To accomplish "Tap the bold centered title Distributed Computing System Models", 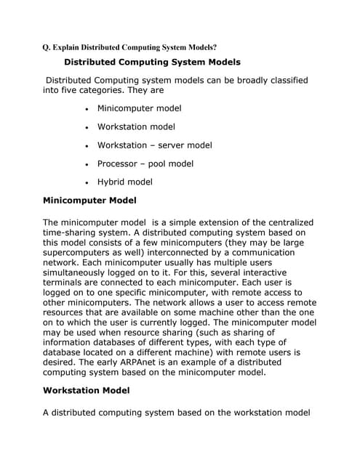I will (152, 62).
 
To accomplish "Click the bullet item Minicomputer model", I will (139, 108).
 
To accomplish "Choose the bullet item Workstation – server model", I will (154, 145).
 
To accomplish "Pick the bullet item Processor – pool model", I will (145, 163).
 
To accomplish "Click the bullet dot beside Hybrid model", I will (87, 183).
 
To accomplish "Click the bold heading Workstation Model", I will (86, 390).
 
